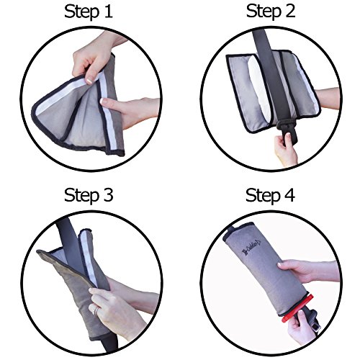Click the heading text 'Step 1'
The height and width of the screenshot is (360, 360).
coord(90,12)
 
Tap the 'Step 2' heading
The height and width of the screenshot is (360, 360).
coord(270,12)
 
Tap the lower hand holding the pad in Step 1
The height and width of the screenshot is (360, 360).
coord(133,108)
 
